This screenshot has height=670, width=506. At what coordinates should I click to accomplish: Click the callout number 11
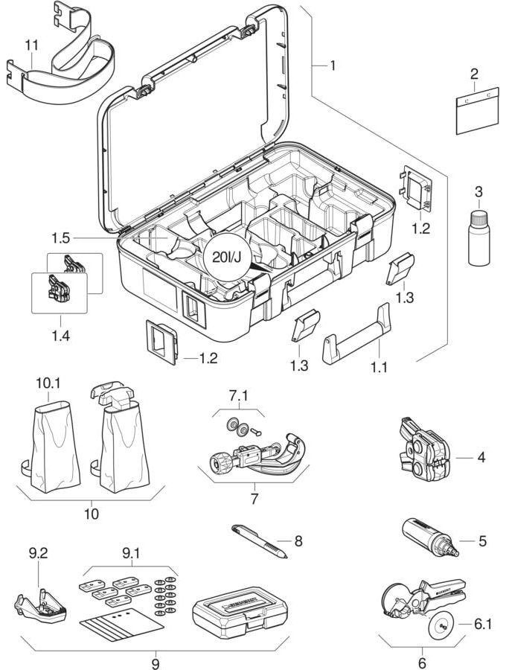point(31,46)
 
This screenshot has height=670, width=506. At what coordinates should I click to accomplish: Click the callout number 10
point(92,513)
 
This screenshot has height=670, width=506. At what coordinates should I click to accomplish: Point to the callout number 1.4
point(61,336)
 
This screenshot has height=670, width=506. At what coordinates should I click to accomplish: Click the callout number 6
point(422,661)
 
